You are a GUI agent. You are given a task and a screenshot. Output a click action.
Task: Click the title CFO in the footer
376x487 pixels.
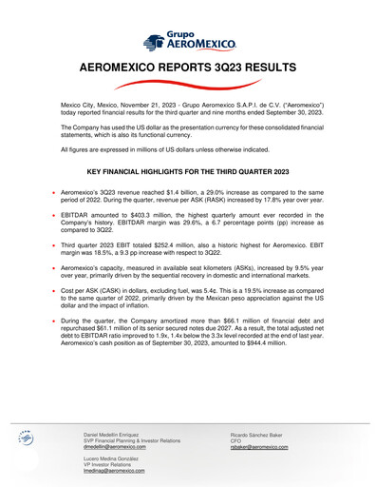coord(236,439)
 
